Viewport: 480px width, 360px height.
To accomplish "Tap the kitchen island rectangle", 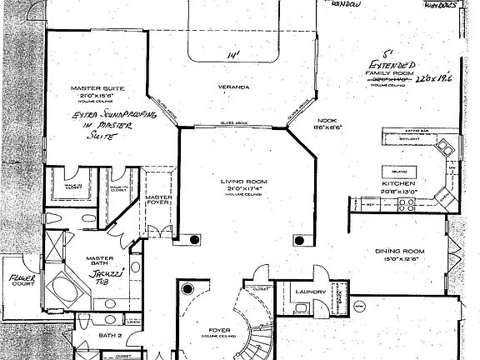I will (399, 170).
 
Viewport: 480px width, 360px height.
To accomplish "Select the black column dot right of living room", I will (296, 240).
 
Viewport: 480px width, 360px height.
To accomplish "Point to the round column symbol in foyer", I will (187, 289).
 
